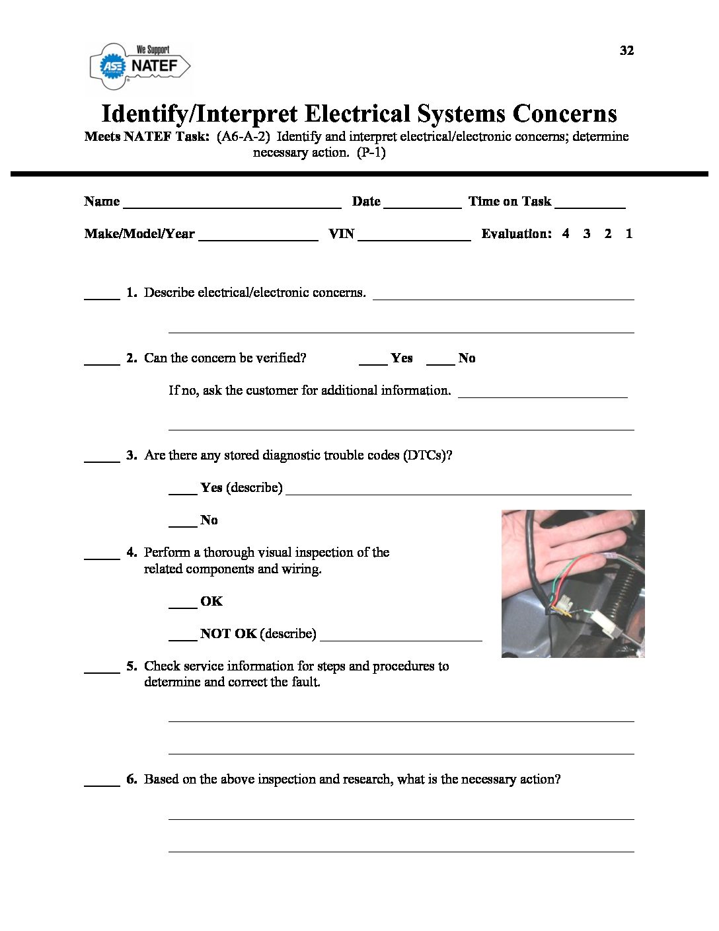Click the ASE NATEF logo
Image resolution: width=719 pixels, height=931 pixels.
[x=139, y=65]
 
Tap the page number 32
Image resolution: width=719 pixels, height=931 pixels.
[x=626, y=51]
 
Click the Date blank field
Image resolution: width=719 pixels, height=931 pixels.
[x=422, y=204]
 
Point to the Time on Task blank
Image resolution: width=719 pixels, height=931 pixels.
[x=589, y=204]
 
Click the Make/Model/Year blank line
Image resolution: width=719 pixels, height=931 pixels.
[x=258, y=236]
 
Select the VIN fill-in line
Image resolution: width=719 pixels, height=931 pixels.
[x=414, y=236]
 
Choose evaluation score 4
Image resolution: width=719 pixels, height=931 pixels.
[x=566, y=233]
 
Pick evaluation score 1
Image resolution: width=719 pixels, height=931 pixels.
[x=629, y=233]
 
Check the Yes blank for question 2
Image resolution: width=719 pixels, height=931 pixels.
[x=373, y=360]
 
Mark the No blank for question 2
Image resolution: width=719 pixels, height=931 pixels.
[x=440, y=360]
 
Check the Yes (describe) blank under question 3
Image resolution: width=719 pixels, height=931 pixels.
[x=182, y=490]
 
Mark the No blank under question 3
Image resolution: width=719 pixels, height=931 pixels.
[x=182, y=522]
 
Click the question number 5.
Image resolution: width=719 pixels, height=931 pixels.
[x=132, y=666]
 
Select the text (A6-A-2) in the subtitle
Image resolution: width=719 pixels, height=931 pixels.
[x=243, y=137]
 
